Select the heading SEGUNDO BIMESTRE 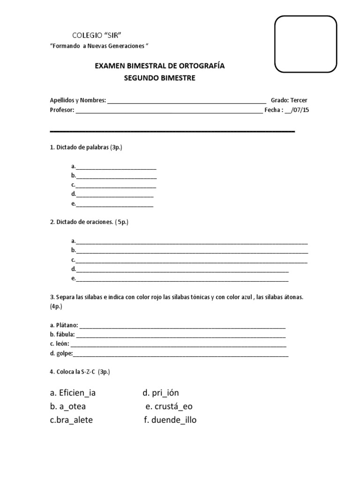[159, 78]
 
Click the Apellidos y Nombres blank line [187, 101]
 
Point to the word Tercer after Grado [299, 100]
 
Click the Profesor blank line [169, 111]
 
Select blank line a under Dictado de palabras [116, 167]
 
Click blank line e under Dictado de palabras [114, 204]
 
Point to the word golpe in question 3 [64, 353]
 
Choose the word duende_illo [174, 420]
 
